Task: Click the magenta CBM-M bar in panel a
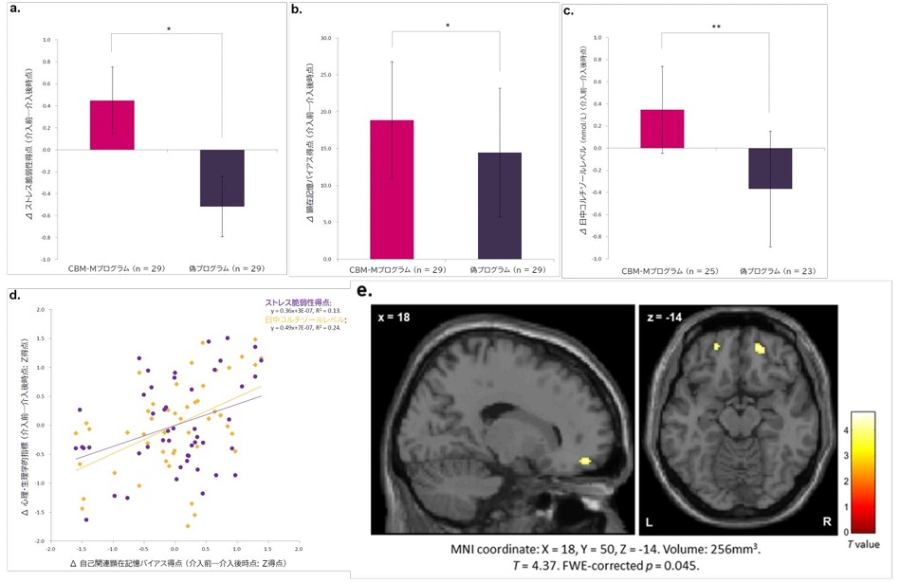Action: [111, 124]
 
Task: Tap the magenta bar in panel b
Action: [391, 189]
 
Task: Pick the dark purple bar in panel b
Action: [499, 205]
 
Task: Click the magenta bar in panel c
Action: [662, 129]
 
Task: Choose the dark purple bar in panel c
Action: [769, 169]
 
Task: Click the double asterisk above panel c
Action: [715, 27]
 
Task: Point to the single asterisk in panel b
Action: [445, 26]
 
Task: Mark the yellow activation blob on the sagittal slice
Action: [585, 461]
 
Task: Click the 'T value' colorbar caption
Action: [864, 543]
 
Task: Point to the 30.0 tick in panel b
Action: [326, 39]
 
